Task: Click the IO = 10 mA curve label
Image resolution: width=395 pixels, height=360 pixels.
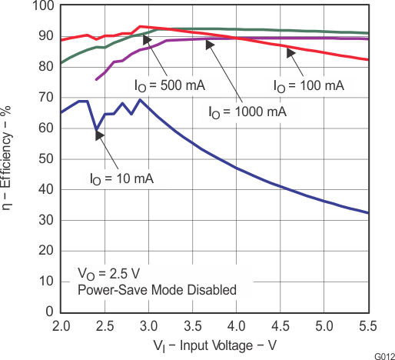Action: point(122,178)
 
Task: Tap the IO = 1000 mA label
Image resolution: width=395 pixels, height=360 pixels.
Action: point(247,112)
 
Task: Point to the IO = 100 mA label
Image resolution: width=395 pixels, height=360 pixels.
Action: point(307,85)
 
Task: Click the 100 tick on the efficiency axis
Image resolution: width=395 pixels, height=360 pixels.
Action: point(43,6)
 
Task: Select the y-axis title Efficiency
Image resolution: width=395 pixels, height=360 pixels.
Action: point(9,158)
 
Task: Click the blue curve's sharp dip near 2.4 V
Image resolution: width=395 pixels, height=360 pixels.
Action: point(96,130)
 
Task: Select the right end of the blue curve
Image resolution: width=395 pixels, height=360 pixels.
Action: point(368,213)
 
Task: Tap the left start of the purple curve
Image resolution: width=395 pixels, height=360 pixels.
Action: point(96,79)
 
